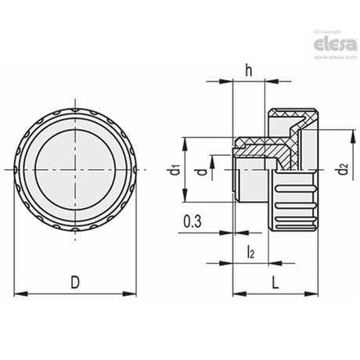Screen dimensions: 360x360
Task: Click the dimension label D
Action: (75, 283)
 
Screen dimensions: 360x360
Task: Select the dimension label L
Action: (275, 283)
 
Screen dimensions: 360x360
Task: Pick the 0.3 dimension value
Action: (193, 221)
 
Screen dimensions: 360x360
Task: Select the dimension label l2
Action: (250, 252)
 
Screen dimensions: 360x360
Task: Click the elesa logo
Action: (335, 44)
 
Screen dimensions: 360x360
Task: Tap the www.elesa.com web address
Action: (335, 57)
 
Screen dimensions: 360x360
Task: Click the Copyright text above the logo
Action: (328, 32)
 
